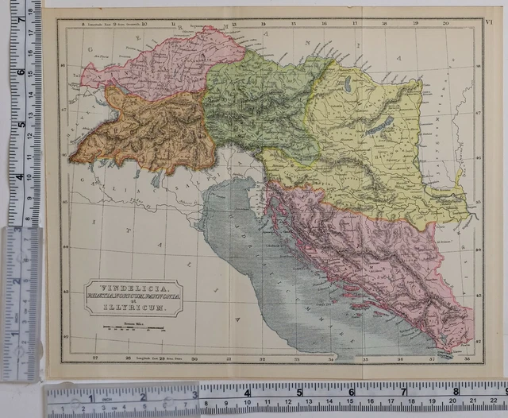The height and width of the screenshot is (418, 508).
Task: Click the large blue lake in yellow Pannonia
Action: click(387, 124)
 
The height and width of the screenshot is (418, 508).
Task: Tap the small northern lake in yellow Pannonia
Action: click(348, 82)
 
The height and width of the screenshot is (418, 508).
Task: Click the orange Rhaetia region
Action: click(151, 131)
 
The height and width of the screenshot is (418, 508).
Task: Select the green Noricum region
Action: click(254, 99)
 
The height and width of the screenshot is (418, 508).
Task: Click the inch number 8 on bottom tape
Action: click(456, 390)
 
